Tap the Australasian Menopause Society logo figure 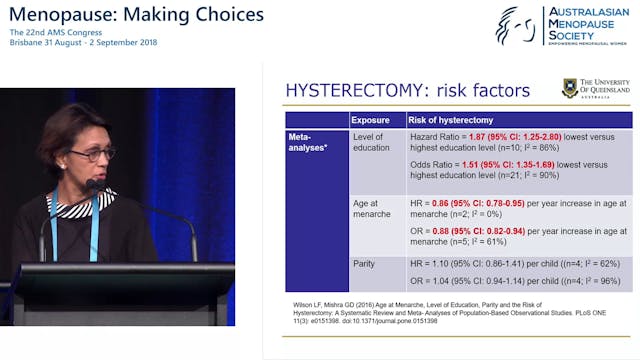point(516,26)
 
